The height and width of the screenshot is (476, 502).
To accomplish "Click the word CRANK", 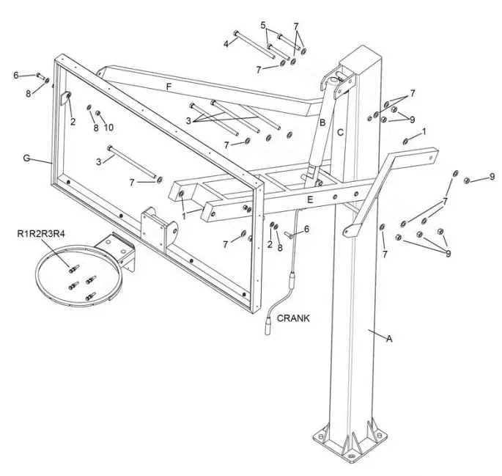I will pos(293,318).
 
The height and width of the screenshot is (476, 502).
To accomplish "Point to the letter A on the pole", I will pos(390,338).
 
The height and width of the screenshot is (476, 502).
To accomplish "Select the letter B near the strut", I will pos(322,122).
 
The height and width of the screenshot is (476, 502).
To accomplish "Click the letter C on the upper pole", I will pos(341,133).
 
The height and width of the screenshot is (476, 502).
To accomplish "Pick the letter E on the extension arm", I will pos(310,199).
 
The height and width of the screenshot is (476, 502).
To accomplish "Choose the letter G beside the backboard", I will pos(27,158).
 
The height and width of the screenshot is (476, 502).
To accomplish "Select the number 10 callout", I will pos(109,128).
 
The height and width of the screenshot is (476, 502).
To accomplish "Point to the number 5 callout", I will pos(263,25).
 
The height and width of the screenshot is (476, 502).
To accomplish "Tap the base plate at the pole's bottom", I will pos(349,444).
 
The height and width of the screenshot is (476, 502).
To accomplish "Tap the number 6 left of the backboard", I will pos(15,75).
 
